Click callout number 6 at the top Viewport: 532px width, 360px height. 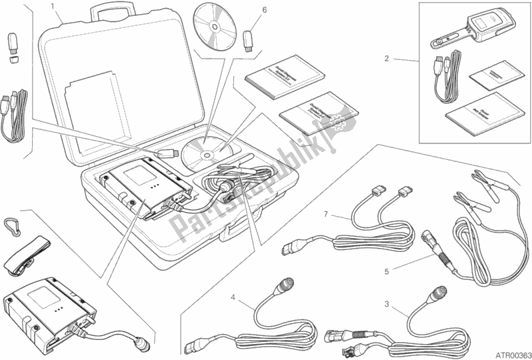click(264, 10)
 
